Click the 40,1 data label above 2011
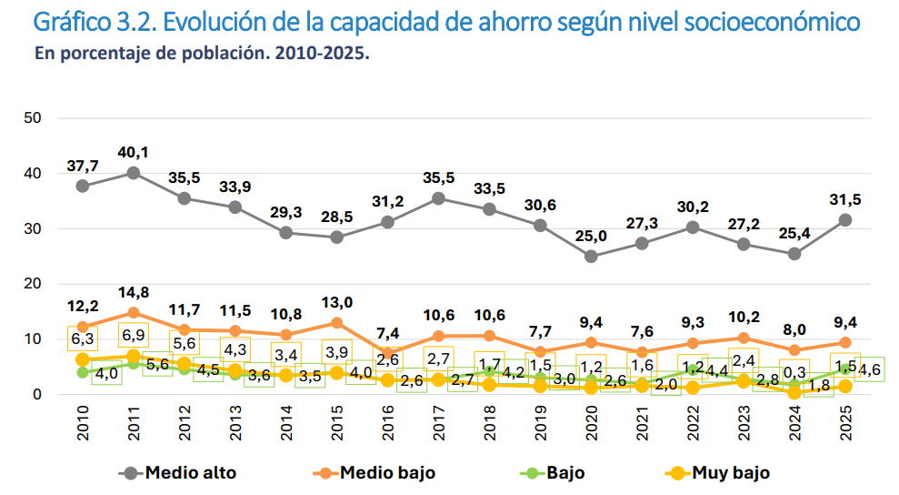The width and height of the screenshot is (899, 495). (x=133, y=152)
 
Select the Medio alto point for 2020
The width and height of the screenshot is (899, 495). (x=591, y=257)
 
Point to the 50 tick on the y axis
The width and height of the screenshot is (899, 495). (x=34, y=117)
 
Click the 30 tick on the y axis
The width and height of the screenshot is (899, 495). (x=34, y=228)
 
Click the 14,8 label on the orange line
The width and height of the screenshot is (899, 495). (x=133, y=292)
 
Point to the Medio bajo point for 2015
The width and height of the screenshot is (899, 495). (x=337, y=323)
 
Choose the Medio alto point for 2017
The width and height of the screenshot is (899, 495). (x=439, y=198)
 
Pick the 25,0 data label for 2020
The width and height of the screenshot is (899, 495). (x=591, y=237)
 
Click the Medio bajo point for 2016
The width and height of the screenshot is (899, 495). (x=388, y=353)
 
